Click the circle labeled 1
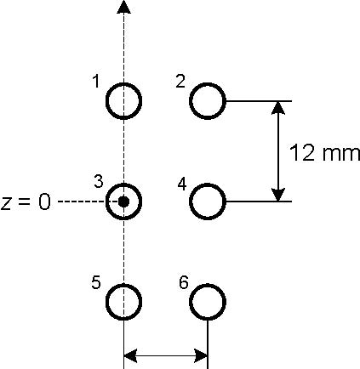pos(106,100)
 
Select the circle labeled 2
pos(190,100)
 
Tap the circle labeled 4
pos(190,202)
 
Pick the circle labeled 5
pos(106,302)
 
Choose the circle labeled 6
pos(190,302)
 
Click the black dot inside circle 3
pos(123,202)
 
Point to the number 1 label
pos(96,82)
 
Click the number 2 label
pos(180,82)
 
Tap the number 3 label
pos(98,181)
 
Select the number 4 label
pos(182,184)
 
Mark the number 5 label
pos(96,282)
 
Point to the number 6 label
pos(184,282)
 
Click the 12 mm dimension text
pos(324,153)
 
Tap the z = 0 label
pos(26,203)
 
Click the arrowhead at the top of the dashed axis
pos(123,7)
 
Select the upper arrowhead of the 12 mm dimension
pos(278,108)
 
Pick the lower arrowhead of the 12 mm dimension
pos(278,195)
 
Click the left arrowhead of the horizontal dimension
pos(131,356)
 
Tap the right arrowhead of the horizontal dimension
pos(201,356)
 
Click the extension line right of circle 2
pos(259,101)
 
